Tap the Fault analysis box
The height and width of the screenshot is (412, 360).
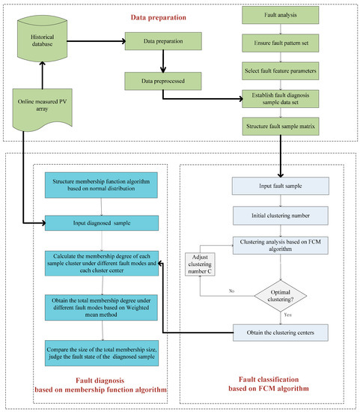(x=286, y=15)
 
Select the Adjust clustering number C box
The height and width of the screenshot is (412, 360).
(x=203, y=265)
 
